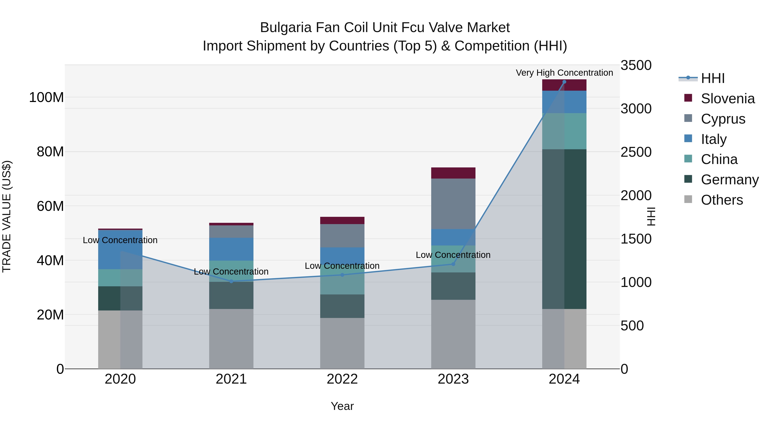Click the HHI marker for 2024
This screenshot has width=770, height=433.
click(564, 82)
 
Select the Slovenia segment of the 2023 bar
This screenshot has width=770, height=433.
click(453, 173)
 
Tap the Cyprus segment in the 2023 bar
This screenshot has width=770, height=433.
click(453, 204)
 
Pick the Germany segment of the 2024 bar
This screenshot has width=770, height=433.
click(564, 229)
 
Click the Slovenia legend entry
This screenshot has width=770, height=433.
click(727, 99)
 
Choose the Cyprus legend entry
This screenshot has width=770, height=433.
click(723, 119)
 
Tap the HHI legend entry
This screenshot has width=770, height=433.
click(713, 78)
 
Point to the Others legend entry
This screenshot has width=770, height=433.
click(722, 200)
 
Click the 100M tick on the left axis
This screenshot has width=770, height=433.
click(46, 98)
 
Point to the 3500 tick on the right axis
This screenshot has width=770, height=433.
click(636, 65)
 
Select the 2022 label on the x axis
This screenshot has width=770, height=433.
click(342, 379)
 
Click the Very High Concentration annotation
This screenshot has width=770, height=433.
click(564, 73)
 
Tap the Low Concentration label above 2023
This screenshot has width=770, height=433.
click(453, 255)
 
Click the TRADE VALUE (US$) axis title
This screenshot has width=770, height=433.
click(7, 216)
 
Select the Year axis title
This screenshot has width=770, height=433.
click(342, 406)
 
